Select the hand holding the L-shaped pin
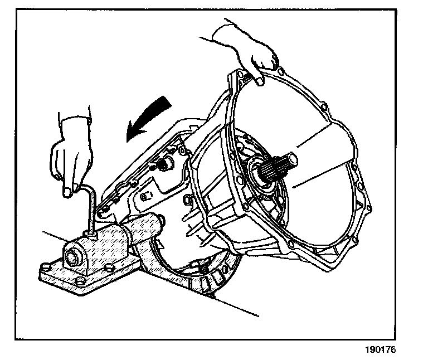tap(69, 157)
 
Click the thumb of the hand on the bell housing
tap(260, 78)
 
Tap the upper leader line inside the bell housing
tap(323, 137)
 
